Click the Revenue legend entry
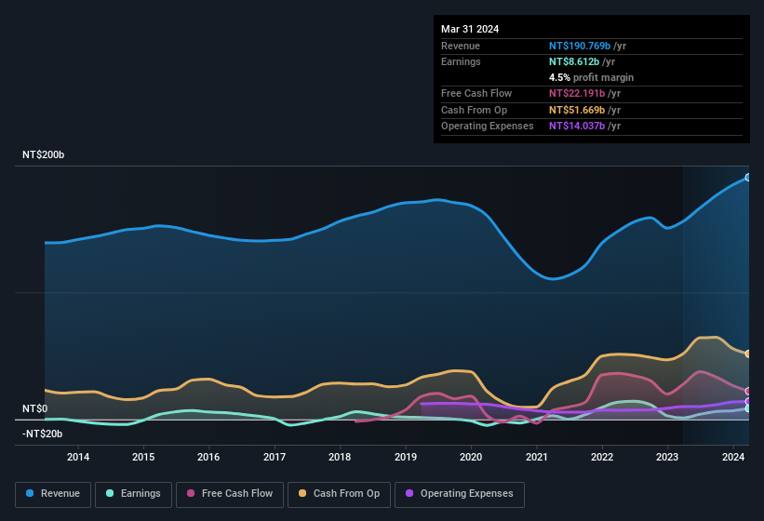[53, 494]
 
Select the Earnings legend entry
[133, 494]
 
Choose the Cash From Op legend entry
[340, 494]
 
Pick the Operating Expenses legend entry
[460, 494]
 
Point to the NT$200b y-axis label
[43, 154]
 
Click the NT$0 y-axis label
[34, 408]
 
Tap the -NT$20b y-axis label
[43, 434]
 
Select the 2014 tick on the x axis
[78, 457]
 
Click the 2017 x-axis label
[275, 457]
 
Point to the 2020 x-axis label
[471, 457]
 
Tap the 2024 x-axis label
[733, 457]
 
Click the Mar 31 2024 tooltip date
[470, 29]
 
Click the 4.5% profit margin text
[591, 77]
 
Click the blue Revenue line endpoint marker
[748, 177]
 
